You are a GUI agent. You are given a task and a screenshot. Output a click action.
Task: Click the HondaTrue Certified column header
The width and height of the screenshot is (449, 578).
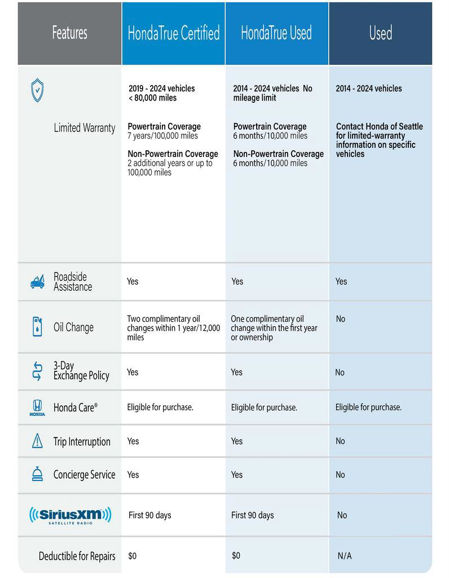[x=173, y=33]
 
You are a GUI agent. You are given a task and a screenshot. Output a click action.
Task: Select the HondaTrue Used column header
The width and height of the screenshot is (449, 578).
[x=276, y=33]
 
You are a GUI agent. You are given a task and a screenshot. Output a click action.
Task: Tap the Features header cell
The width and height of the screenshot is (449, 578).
[x=69, y=33]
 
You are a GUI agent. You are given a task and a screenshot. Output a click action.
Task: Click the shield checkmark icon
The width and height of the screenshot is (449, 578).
[x=37, y=90]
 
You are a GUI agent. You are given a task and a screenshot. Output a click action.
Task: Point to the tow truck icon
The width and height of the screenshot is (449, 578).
[x=37, y=281]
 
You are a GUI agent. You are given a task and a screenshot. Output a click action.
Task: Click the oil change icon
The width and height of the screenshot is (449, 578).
[x=37, y=327]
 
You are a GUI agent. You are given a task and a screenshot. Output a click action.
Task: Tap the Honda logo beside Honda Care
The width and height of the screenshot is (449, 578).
[x=37, y=407]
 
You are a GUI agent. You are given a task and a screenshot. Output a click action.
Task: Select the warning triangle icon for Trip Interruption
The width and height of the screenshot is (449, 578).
[x=37, y=441]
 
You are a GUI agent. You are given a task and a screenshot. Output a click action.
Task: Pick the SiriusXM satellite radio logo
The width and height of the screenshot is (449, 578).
[x=70, y=515]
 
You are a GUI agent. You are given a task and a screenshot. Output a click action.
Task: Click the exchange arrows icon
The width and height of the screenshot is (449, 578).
[x=37, y=371]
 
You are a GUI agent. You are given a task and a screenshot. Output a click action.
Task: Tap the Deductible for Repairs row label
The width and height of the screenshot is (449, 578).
[x=77, y=556]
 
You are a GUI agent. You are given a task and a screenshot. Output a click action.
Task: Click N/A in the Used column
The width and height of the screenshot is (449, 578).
[x=344, y=556]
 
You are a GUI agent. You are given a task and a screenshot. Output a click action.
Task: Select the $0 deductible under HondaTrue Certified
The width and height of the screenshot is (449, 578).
[x=133, y=556]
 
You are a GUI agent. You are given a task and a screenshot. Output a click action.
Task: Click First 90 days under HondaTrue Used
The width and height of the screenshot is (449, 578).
[x=252, y=515]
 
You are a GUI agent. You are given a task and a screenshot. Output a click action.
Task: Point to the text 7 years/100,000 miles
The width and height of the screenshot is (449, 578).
[x=163, y=136]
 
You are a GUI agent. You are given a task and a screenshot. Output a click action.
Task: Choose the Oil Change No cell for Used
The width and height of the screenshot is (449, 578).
[x=340, y=319]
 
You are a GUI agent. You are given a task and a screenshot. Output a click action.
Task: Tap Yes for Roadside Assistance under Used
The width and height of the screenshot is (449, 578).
[x=341, y=281]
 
